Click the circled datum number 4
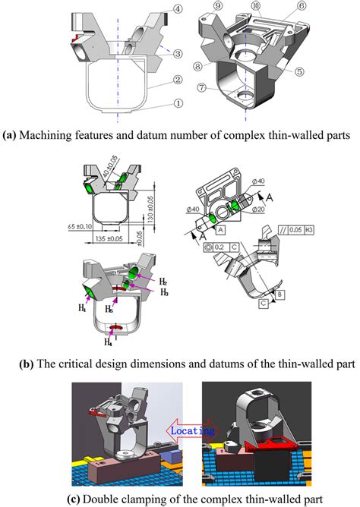pyautogui.click(x=177, y=9)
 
